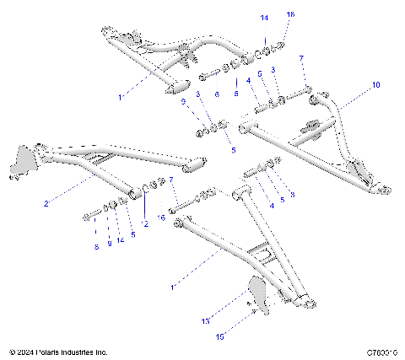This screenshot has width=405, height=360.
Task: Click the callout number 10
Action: (375, 85)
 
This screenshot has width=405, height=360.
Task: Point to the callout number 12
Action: (144, 223)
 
